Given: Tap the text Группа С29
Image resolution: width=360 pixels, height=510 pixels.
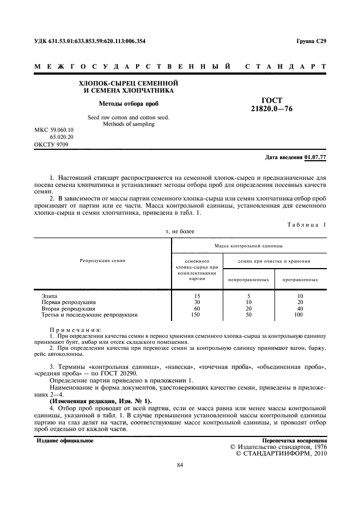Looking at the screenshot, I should [311, 41].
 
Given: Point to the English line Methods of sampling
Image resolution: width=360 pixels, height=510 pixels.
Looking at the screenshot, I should [129, 124].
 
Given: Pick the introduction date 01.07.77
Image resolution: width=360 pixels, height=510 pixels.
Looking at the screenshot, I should [316, 157].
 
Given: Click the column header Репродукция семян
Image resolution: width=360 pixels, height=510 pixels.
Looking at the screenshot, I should [103, 261].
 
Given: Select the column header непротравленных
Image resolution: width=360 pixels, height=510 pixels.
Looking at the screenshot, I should [249, 280].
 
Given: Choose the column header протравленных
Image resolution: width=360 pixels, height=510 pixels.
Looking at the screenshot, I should [300, 280].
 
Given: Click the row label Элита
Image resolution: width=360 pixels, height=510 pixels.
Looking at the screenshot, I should [50, 295].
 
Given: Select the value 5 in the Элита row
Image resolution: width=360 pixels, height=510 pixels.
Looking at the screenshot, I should [248, 295].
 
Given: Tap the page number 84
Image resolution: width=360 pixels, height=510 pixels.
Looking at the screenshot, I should [180, 465].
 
